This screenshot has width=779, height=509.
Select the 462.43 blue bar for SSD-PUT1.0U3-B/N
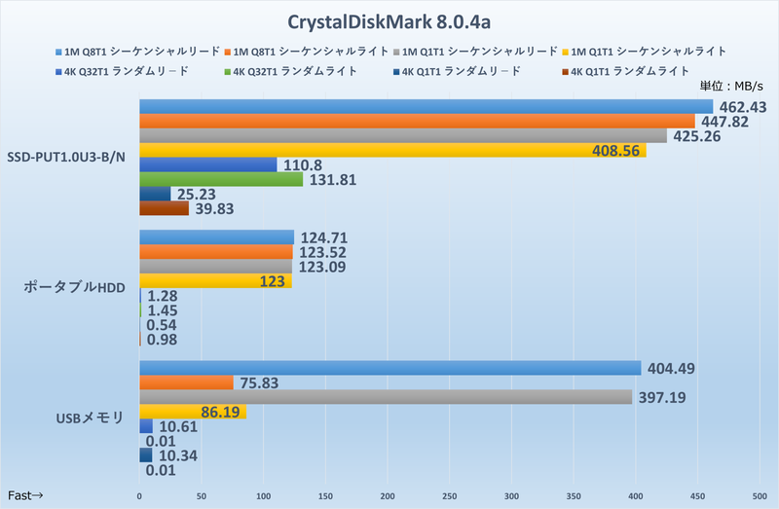[x=426, y=106]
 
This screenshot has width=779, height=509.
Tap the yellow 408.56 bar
[x=391, y=150]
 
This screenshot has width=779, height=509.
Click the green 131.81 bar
[x=221, y=179]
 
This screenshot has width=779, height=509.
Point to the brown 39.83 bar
[x=164, y=208]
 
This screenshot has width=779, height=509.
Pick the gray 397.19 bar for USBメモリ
[x=386, y=397]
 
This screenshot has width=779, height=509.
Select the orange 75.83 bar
[x=186, y=382]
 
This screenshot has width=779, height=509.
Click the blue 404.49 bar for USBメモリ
[x=389, y=368]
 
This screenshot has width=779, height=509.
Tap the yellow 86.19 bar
[x=193, y=412]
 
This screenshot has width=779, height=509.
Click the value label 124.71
[x=324, y=237]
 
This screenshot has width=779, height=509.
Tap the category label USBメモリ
[x=89, y=418]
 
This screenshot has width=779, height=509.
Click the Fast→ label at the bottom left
[x=26, y=495]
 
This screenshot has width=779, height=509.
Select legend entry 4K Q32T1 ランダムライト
[x=301, y=70]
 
